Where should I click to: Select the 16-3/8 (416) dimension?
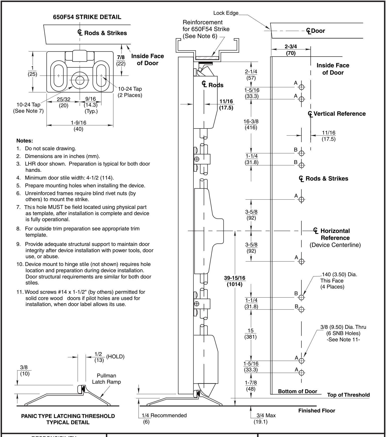(251, 124)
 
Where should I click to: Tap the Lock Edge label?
(226, 13)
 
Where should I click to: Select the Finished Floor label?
(317, 410)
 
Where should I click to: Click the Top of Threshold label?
(348, 395)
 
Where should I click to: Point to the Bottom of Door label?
(298, 391)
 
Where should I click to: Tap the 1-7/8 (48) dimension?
(251, 386)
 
